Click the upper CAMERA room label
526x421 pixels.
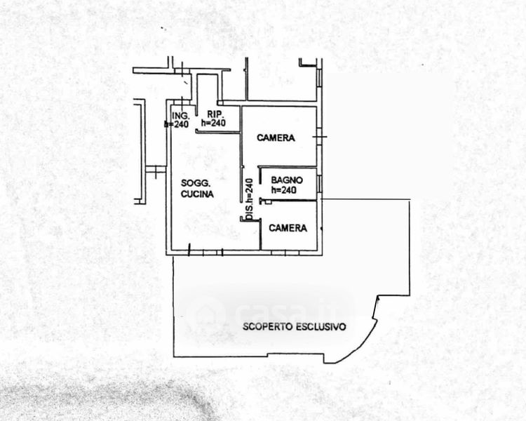(x=276, y=138)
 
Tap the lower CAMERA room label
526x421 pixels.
(x=288, y=228)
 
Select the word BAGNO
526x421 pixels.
(x=287, y=180)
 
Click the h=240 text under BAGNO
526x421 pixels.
(x=284, y=190)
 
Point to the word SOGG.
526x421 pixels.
(x=196, y=183)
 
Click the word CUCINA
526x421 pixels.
(x=197, y=194)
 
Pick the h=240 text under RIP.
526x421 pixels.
(x=213, y=123)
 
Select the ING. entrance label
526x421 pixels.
(x=181, y=116)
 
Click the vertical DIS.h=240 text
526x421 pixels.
(x=249, y=199)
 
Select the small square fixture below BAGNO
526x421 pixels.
(x=268, y=202)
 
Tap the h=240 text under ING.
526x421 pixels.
(x=177, y=124)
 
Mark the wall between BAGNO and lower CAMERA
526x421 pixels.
(x=289, y=201)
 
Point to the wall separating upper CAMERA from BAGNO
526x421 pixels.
(x=288, y=166)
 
